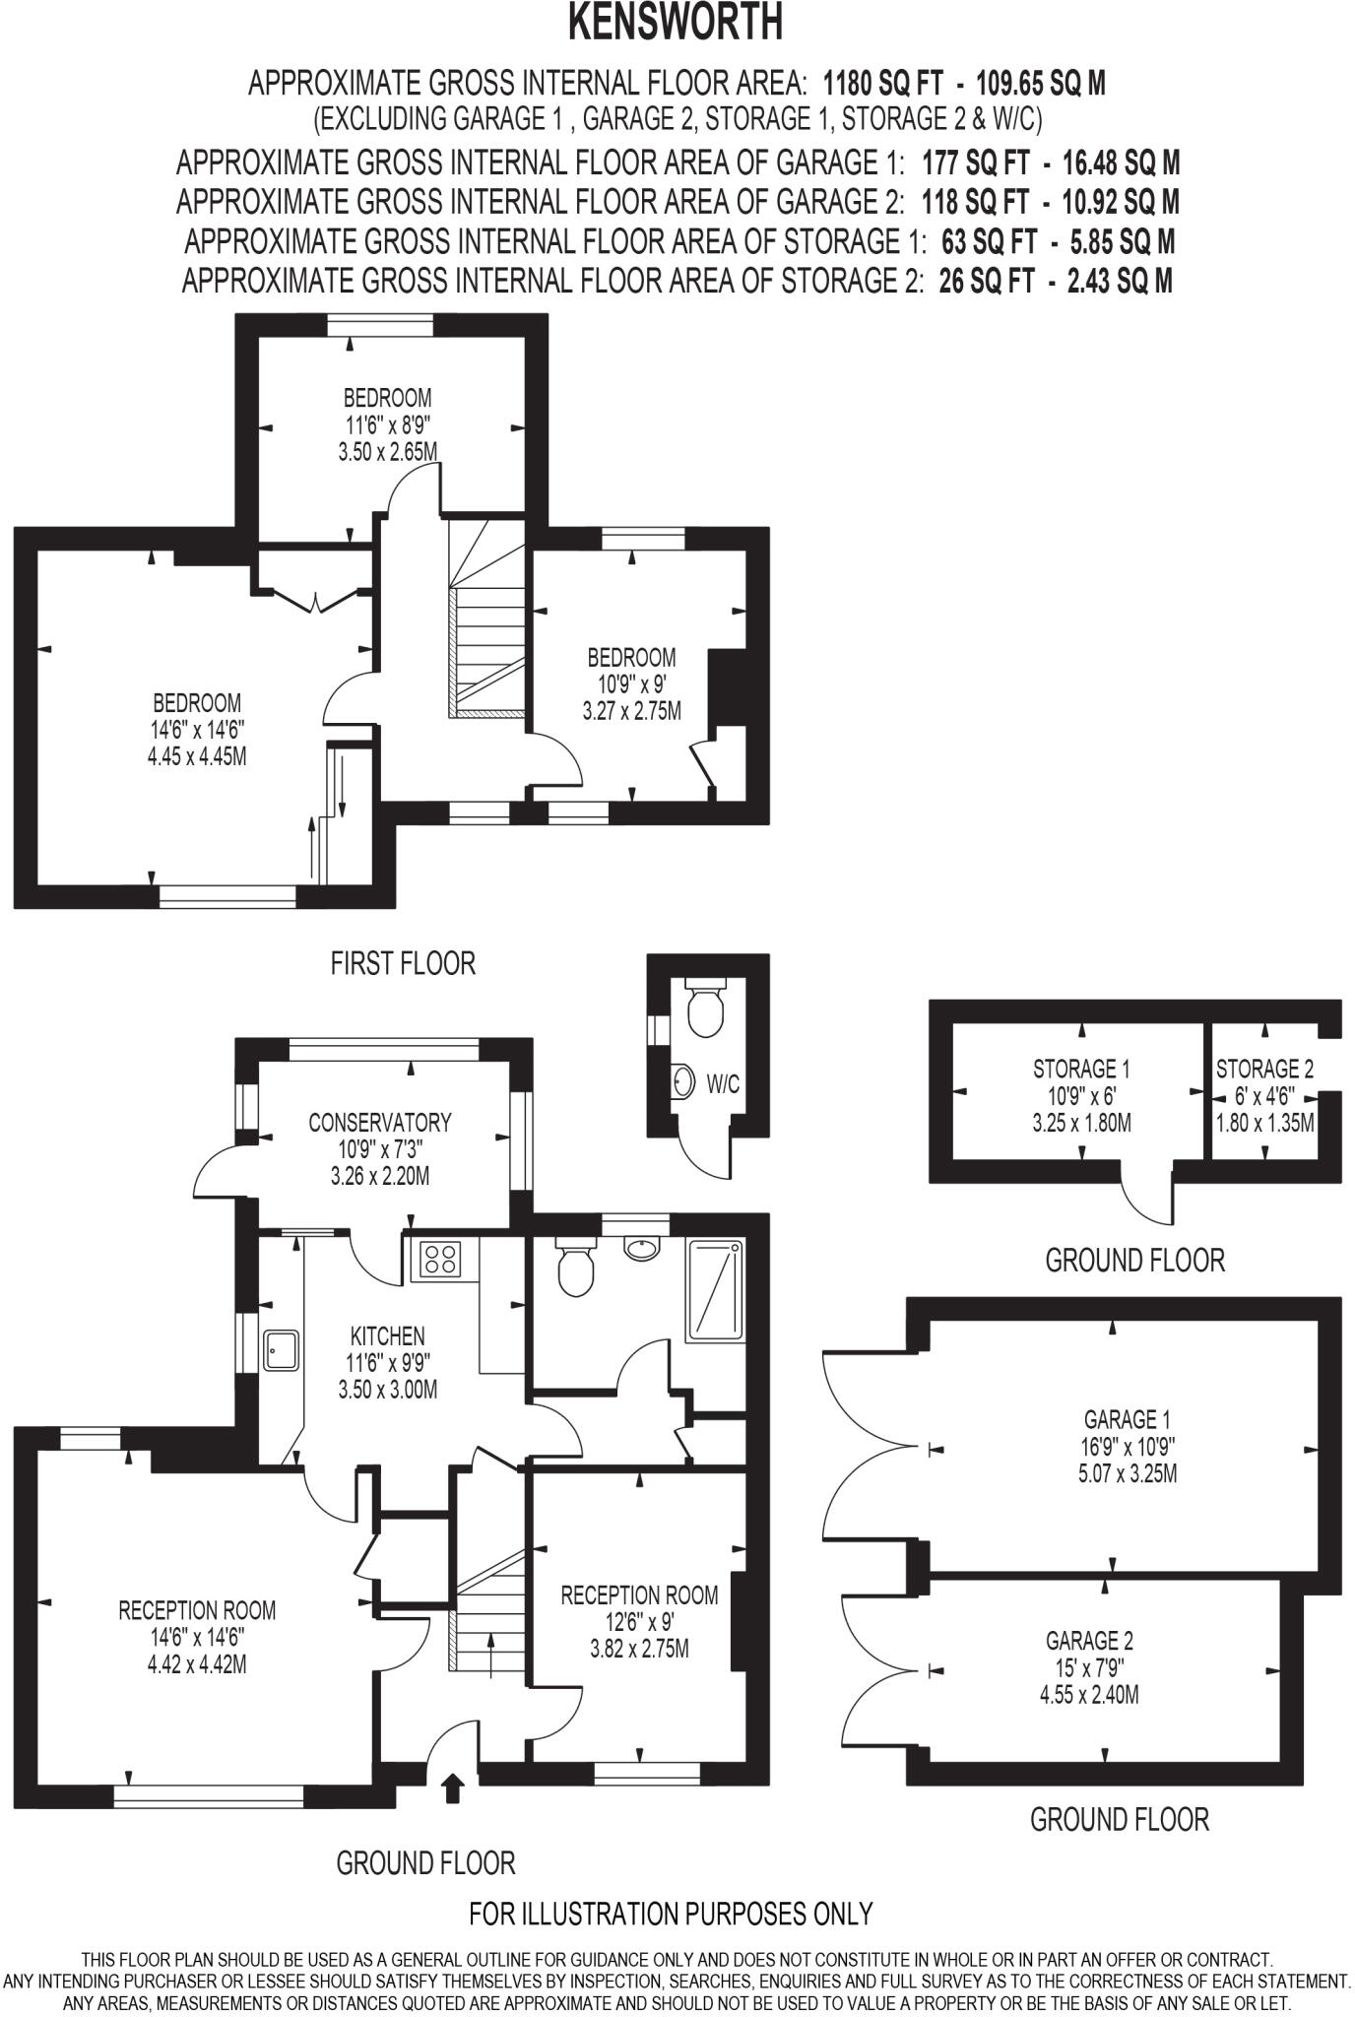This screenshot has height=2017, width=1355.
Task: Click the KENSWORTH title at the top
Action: tap(676, 24)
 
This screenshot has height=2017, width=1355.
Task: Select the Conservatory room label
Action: tap(380, 1122)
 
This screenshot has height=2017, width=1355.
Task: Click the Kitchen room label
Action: tap(388, 1336)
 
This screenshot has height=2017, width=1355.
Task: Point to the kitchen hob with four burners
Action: tap(441, 1258)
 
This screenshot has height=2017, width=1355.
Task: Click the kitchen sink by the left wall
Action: tap(282, 1349)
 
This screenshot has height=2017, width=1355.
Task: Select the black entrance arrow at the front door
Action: tap(453, 1788)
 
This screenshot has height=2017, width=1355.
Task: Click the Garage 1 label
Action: tap(1113, 1419)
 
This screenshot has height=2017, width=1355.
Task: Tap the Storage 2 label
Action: tap(1264, 1069)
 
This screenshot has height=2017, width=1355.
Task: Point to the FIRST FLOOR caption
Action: tap(403, 962)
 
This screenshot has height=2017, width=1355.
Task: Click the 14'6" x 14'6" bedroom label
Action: tap(196, 730)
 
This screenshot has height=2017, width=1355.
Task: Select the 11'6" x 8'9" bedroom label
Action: tap(387, 424)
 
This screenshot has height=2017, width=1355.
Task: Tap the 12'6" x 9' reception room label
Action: tap(639, 1594)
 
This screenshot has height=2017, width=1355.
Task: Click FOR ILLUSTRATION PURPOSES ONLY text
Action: tap(671, 1913)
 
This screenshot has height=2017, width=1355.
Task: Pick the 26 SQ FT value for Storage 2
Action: tap(986, 282)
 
